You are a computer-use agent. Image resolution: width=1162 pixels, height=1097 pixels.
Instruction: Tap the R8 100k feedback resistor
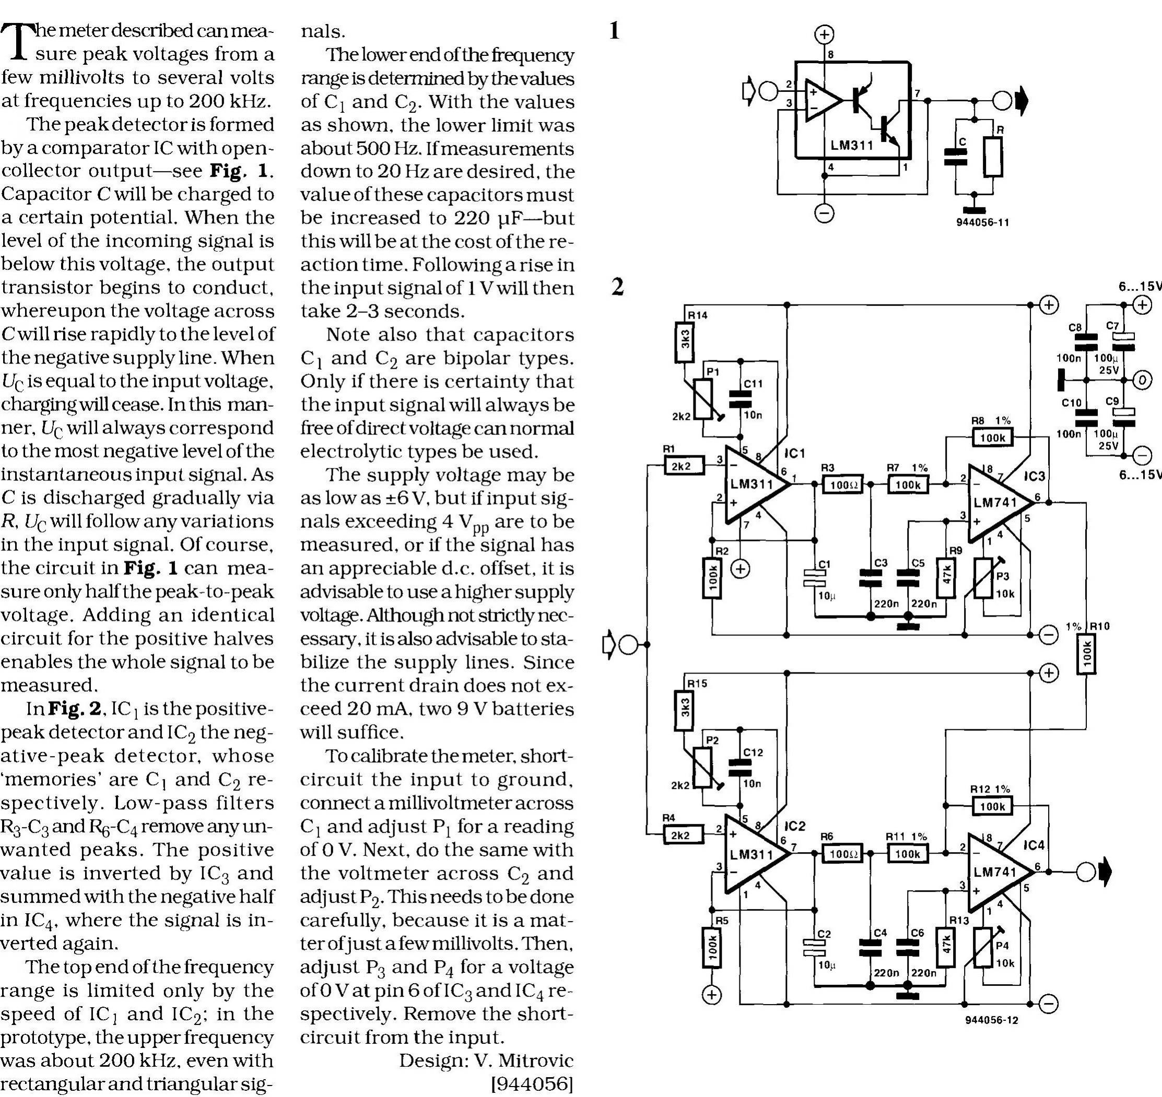coord(992,438)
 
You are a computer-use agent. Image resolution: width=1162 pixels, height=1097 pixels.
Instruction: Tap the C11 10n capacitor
coord(740,398)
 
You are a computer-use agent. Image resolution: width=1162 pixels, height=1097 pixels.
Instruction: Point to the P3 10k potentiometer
coord(984,579)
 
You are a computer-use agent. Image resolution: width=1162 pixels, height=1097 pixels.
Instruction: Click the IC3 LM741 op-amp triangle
coord(997,503)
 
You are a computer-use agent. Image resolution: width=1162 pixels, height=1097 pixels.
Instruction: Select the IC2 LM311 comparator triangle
coord(755,854)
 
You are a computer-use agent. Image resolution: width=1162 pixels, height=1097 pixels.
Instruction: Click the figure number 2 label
coord(617,287)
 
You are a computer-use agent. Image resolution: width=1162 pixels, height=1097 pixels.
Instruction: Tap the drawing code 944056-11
coord(982,223)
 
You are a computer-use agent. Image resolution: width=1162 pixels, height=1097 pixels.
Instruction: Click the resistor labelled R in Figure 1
coord(992,157)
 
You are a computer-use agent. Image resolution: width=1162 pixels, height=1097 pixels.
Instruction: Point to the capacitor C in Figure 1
coord(956,157)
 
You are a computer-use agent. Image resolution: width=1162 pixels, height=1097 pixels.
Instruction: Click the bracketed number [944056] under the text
coord(532,1083)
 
